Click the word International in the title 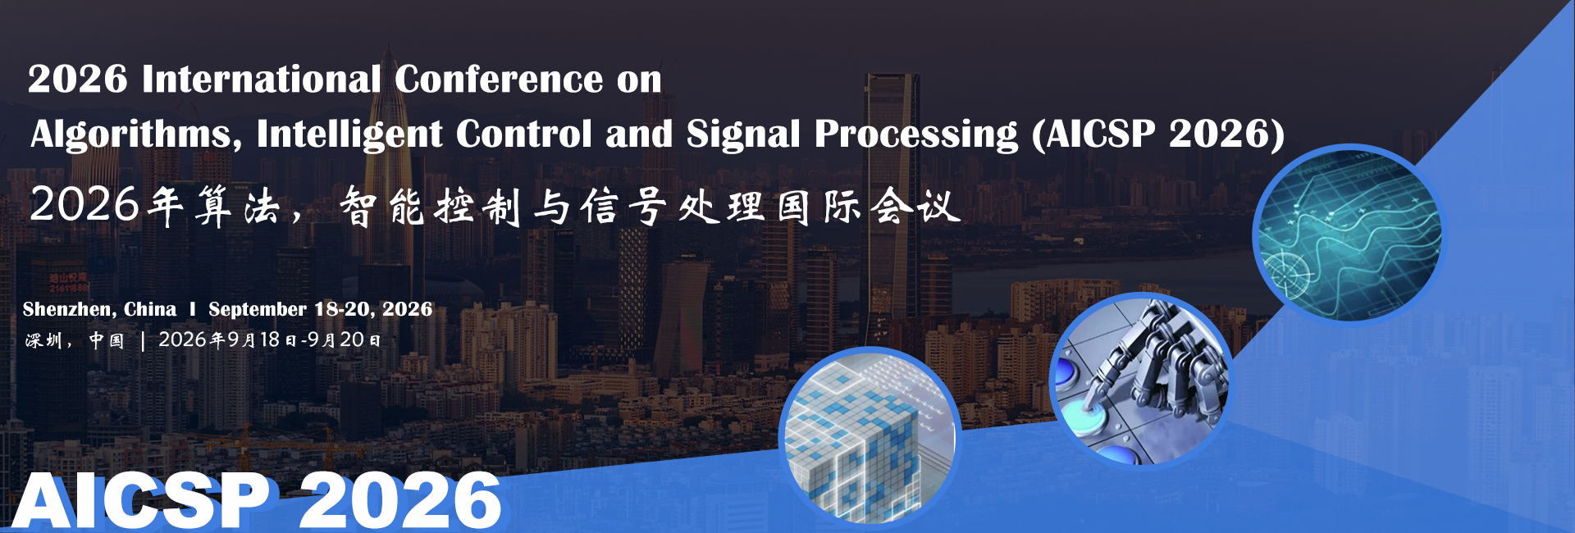[261, 80]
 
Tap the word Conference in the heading [499, 80]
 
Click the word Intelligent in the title [349, 134]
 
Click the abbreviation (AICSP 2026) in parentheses [1158, 134]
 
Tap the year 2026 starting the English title [78, 80]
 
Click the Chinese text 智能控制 [430, 206]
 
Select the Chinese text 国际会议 [868, 206]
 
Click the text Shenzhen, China [99, 309]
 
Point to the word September [258, 309]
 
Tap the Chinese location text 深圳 [43, 340]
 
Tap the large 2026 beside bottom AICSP [400, 500]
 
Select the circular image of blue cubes [870, 436]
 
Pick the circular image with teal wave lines [1349, 235]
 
